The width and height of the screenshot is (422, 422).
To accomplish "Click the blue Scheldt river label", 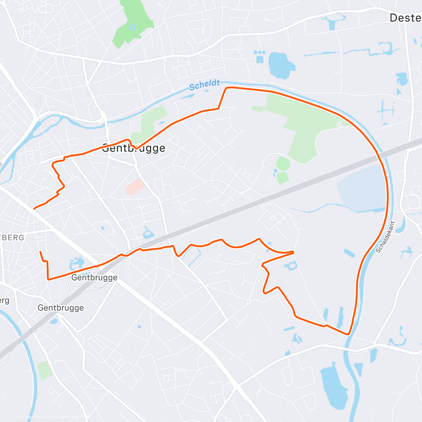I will (x=204, y=85).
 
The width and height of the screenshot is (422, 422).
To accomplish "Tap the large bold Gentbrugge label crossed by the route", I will (x=134, y=148).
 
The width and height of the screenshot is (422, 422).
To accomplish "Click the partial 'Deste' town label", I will (x=405, y=18).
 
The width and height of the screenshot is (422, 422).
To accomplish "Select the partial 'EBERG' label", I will (x=12, y=238).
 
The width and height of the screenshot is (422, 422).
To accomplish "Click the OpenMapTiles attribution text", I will (x=37, y=417).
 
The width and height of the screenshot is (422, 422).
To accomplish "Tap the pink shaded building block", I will (x=135, y=187).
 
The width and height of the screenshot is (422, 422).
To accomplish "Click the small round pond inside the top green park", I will (x=132, y=27).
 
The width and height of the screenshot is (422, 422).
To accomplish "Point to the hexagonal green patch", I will (x=283, y=164).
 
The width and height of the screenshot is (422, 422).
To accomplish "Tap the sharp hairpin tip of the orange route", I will (x=293, y=252).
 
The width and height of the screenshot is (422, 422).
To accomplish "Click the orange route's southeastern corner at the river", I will (x=349, y=334).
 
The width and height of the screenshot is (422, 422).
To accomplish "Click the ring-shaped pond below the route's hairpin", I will (x=292, y=266).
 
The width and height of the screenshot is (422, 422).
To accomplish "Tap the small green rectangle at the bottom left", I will (x=45, y=370).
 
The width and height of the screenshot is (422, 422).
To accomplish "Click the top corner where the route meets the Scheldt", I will (x=227, y=88).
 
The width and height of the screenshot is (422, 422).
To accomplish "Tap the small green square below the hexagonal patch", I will (x=282, y=178).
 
